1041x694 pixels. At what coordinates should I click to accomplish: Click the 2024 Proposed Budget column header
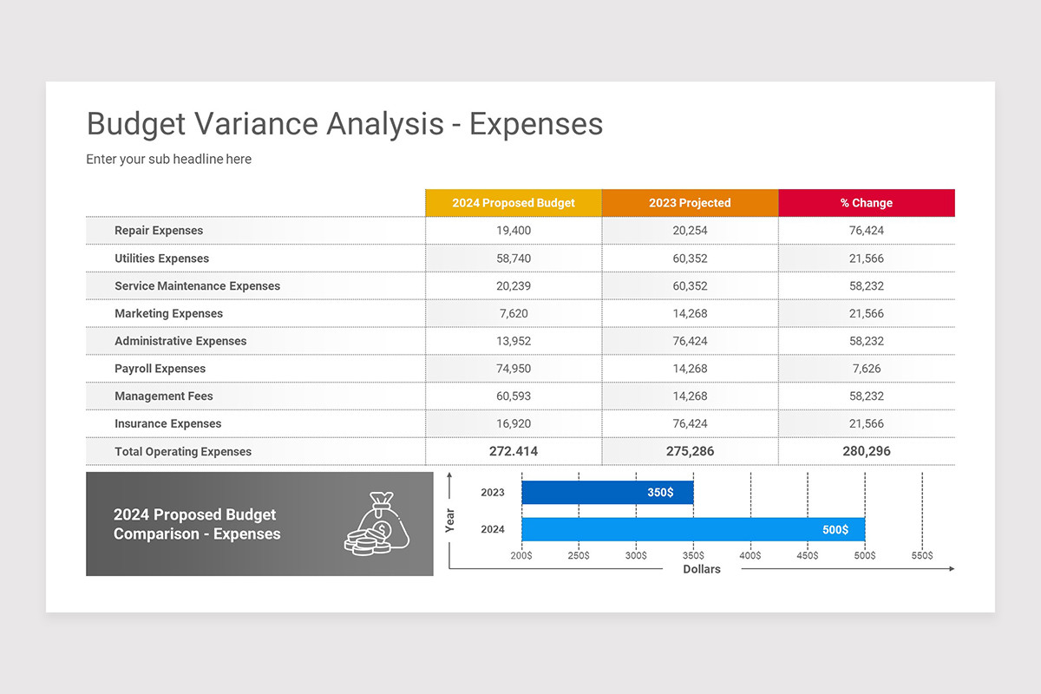514,203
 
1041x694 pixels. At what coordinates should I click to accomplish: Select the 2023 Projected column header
691,203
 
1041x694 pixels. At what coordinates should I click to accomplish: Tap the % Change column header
867,203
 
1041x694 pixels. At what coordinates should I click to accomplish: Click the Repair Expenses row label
159,231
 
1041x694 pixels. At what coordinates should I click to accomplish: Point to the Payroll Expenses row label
160,369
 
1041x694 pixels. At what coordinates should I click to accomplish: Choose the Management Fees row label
164,396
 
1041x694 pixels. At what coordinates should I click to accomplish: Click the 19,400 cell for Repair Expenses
514,231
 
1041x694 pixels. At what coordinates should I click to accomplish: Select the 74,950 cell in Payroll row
514,369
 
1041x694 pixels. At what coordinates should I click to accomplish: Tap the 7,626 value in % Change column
867,369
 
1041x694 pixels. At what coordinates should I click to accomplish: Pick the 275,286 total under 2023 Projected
691,451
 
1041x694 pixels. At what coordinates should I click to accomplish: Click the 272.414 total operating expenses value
514,451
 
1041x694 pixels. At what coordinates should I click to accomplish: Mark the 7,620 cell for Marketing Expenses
514,313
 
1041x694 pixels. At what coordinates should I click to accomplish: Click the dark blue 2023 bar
607,492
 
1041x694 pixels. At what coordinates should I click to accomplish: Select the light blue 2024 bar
693,529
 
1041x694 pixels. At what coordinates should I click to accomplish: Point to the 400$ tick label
750,555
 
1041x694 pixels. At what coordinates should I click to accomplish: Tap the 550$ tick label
922,555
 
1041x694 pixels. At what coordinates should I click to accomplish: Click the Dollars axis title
702,569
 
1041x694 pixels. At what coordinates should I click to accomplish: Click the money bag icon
376,524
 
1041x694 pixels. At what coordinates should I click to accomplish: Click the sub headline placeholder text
168,159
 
